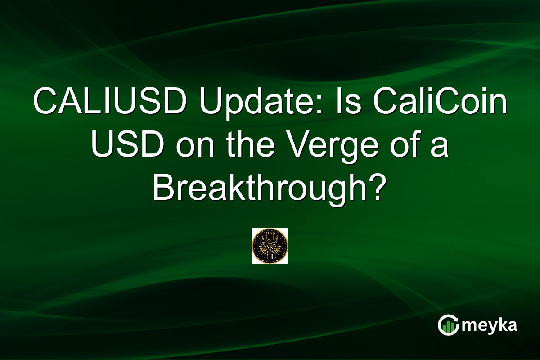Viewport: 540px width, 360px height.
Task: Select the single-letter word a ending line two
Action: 440,147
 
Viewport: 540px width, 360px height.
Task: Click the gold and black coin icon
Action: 270,246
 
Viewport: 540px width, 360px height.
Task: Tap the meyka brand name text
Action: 490,325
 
